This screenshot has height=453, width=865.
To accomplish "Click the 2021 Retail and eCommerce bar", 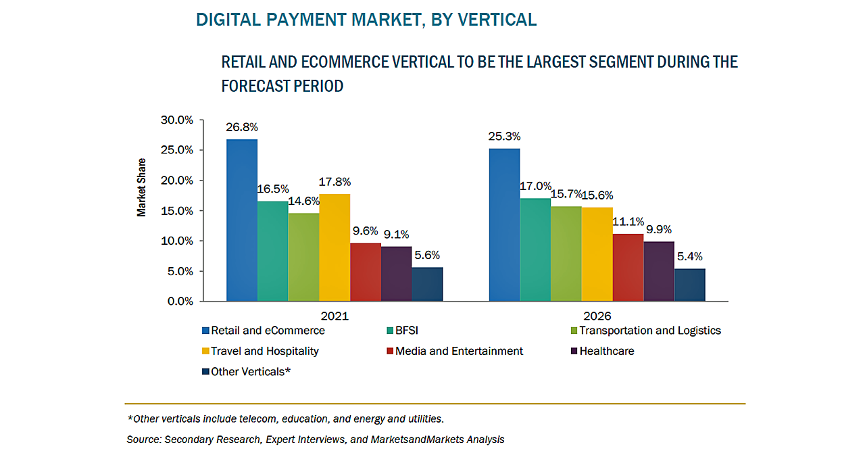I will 241,220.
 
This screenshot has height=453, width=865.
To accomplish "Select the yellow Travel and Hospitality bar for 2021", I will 335,247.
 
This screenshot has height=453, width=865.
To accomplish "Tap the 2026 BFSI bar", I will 535,249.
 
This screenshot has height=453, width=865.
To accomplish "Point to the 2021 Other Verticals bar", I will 427,284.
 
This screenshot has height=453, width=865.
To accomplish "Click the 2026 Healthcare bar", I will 659,271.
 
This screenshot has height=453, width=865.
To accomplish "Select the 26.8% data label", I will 242,127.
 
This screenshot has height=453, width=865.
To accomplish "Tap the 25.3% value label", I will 504,137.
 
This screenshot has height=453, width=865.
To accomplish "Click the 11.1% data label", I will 628,222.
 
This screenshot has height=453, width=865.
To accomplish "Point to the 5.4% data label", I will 689,256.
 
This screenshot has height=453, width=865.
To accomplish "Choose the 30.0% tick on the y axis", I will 177,120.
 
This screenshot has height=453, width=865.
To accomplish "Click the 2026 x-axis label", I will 597,316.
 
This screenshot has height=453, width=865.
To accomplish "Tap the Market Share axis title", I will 142,187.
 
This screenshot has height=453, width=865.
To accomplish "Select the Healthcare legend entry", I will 604,351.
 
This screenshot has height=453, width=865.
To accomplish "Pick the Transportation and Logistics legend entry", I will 649,331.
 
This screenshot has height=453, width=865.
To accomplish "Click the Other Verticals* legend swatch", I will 205,371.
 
